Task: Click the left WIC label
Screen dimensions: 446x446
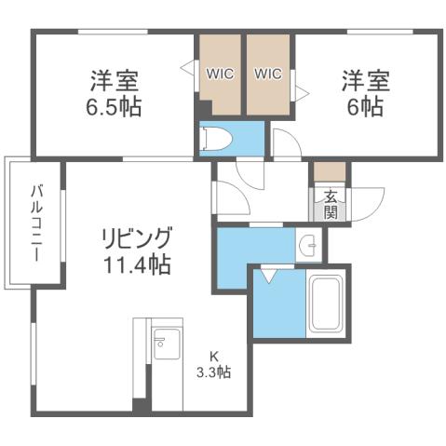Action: point(220,73)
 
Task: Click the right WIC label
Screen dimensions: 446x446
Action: point(268,73)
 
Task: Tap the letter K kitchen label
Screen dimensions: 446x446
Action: point(213,355)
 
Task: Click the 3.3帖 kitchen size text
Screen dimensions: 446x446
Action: point(213,372)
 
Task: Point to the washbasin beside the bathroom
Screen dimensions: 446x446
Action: point(309,246)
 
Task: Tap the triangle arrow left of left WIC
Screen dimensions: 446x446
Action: point(186,66)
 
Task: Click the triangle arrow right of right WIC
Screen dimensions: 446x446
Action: point(301,90)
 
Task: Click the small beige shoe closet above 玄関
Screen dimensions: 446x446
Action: point(329,172)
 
